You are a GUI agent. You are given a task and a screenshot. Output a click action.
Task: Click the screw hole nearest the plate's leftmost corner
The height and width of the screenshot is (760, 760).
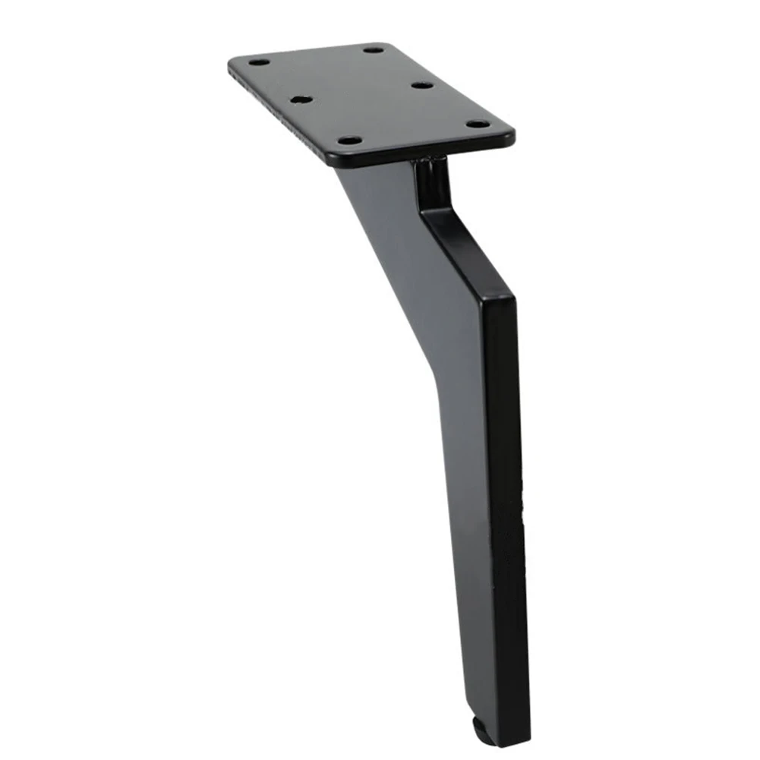click(x=259, y=61)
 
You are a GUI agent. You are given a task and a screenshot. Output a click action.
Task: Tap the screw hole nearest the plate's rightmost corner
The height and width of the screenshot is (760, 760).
click(x=477, y=123)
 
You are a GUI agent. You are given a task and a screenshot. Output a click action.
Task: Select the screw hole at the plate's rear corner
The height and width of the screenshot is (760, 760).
click(x=373, y=49)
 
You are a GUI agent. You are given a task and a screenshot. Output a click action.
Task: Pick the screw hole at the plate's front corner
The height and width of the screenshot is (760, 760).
click(x=349, y=140)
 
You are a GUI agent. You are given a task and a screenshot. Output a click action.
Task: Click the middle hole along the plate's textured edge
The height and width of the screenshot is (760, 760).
click(x=301, y=99)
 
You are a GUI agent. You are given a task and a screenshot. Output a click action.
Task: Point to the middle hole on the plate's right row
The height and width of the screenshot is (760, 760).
click(x=423, y=85)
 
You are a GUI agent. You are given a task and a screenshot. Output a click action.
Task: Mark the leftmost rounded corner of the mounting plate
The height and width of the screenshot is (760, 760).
click(x=232, y=62)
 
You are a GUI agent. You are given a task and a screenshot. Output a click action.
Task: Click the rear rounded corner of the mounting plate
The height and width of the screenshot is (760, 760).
click(x=383, y=45)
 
